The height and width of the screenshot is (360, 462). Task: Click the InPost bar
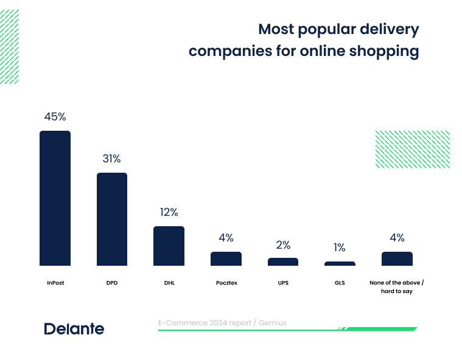pos(55,198)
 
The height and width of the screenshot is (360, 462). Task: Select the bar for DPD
pos(112,219)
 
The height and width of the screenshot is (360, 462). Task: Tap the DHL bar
pos(169,246)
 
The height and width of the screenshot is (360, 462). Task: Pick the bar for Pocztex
pos(226,258)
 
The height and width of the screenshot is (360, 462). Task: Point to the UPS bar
pos(283,261)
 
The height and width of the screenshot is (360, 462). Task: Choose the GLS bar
pos(340,263)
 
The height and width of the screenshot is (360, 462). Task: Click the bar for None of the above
pos(397,258)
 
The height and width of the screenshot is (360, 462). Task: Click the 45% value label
pos(55,117)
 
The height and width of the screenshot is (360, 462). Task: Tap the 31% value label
pos(111,159)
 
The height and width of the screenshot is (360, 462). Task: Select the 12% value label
pos(169,212)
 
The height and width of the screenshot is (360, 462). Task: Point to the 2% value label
pos(283,245)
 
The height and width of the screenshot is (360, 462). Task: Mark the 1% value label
pos(340,247)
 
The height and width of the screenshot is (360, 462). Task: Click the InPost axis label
pos(55,283)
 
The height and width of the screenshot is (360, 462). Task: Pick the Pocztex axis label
pos(226,283)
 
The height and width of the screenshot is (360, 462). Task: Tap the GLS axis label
pos(340,283)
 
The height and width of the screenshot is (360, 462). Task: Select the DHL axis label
pos(169,283)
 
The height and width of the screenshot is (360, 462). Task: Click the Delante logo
pos(74,329)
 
